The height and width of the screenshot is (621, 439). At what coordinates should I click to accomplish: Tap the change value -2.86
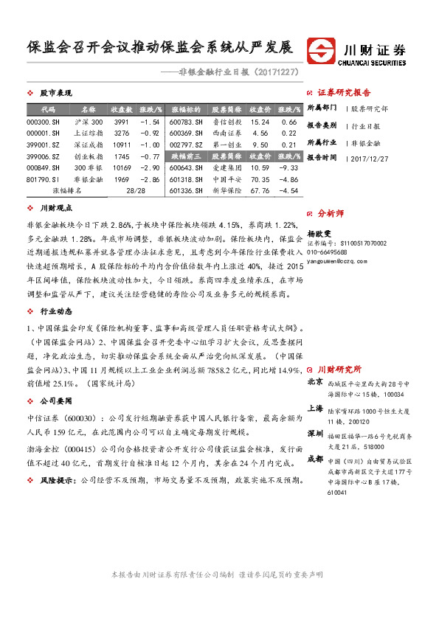150,179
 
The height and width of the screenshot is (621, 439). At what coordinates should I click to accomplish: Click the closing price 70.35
259,179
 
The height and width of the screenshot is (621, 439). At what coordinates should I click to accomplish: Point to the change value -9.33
289,167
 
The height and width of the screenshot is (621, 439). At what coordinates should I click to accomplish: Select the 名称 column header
88,108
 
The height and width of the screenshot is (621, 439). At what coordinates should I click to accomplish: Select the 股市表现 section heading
55,94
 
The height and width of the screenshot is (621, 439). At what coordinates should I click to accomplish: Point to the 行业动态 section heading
55,310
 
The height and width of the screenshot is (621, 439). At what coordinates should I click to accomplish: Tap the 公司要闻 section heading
55,400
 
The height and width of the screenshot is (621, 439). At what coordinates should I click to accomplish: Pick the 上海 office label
315,408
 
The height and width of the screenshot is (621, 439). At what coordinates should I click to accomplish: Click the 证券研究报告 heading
344,93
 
